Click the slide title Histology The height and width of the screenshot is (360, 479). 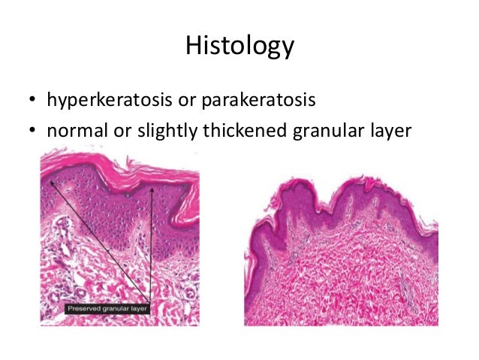(239, 47)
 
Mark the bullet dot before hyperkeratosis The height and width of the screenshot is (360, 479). (33, 101)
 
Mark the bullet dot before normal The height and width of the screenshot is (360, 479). (33, 132)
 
